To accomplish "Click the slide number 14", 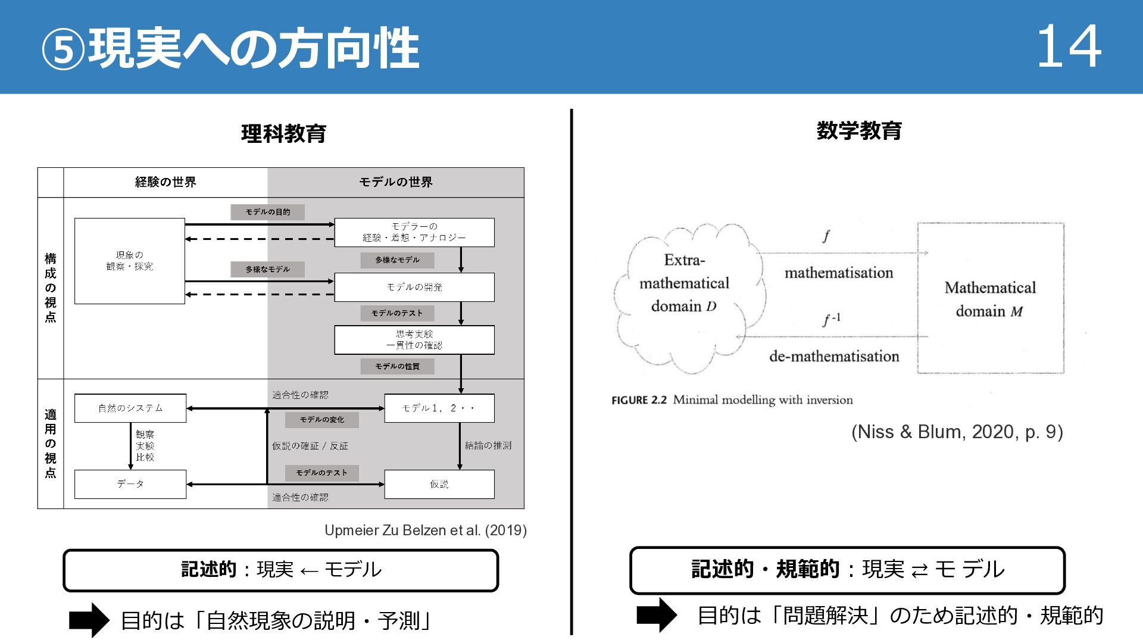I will coord(1069,48).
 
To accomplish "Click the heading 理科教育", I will coord(283,133).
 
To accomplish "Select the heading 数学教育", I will coord(859,130).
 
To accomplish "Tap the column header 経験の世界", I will coord(165,182).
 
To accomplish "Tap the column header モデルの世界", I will coord(396,182).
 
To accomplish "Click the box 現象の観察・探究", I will coord(130,261).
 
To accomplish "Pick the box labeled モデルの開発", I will coord(414,287).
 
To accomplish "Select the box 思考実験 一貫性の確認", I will coord(414,339).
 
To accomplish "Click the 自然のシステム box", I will coord(130,408).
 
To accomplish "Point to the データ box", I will coord(130,484).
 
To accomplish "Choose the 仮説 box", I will coord(439,484).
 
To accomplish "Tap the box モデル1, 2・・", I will coord(439,408).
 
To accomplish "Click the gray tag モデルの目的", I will coord(268,212).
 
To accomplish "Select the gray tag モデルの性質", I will coord(397,366).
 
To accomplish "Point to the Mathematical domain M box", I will coord(990,298).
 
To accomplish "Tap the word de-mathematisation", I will coord(834,357).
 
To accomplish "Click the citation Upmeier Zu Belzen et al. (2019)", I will coord(425,530).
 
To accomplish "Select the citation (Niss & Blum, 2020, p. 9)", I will coord(957,432).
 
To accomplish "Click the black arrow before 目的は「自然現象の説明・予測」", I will coord(89,620).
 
